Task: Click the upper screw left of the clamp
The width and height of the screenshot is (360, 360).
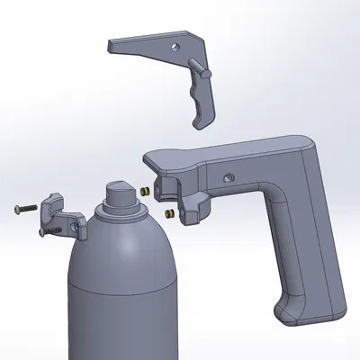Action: click(x=27, y=208)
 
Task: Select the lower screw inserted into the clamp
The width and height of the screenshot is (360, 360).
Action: click(x=50, y=229)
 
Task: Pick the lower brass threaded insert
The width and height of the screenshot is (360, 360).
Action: click(x=169, y=213)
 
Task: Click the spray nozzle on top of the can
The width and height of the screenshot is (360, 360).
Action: click(x=119, y=191)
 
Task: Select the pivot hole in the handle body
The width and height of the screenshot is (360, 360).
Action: click(x=229, y=176)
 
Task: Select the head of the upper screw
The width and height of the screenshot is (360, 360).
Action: click(x=18, y=210)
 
